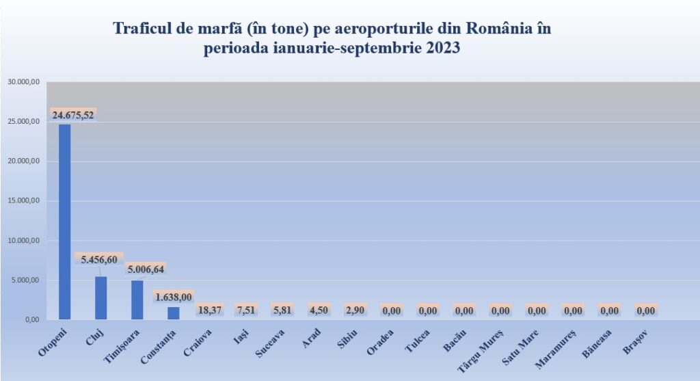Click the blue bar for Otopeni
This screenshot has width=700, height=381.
coord(64,222)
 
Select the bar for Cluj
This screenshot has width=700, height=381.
coord(100,298)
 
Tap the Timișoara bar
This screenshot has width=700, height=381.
coord(137,300)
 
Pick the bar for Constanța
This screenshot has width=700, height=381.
coord(174,313)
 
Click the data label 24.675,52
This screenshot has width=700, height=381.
coord(73,115)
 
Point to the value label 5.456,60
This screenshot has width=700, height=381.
coord(100,260)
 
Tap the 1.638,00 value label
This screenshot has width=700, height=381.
coord(174,297)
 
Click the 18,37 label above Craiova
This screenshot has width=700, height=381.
coord(210,310)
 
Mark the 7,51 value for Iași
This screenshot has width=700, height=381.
coord(246,310)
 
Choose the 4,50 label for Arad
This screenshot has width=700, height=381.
coord(319,310)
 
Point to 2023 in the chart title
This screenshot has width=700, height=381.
coord(442,49)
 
